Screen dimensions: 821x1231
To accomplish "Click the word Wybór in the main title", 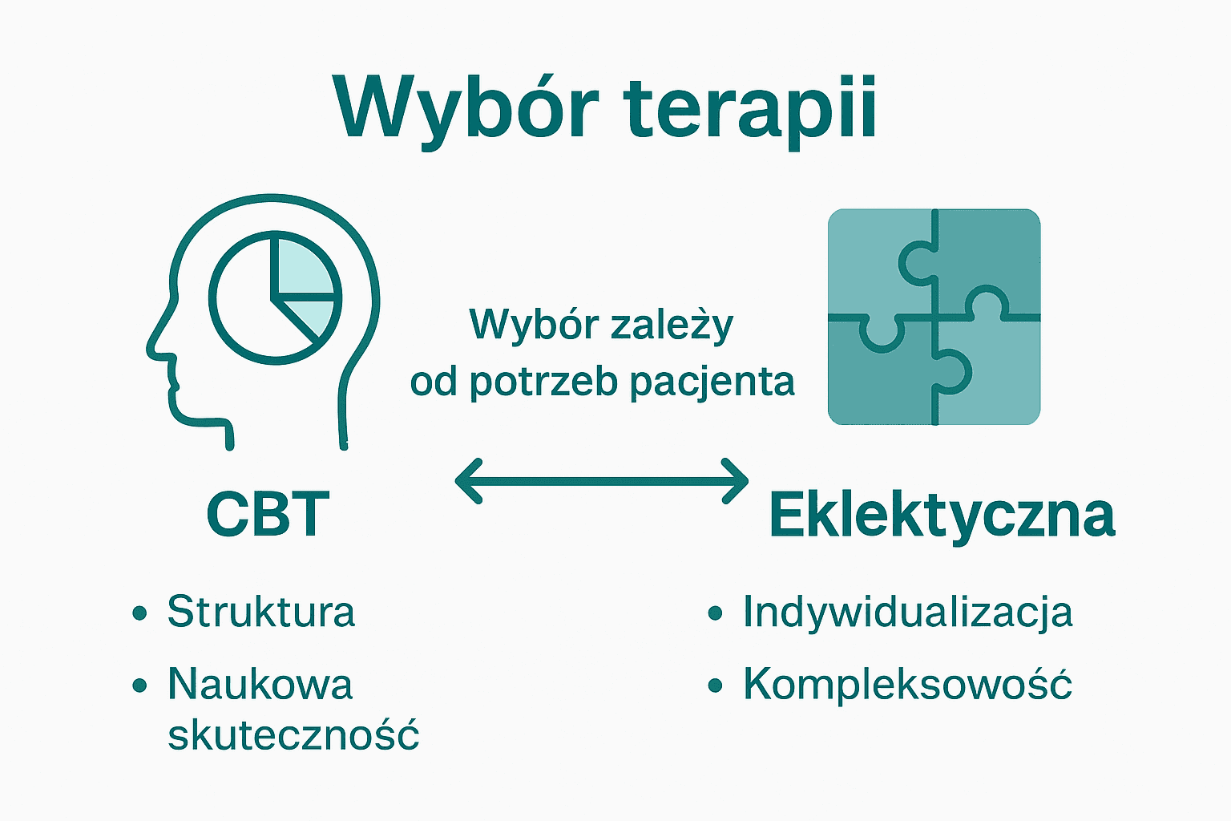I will pyautogui.click(x=466, y=108).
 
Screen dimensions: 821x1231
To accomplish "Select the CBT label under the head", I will pyautogui.click(x=268, y=514).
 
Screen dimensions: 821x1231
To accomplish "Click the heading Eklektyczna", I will pyautogui.click(x=942, y=514).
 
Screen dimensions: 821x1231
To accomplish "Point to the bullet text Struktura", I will pyautogui.click(x=260, y=612).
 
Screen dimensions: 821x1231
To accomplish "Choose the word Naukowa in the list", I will pyautogui.click(x=260, y=685).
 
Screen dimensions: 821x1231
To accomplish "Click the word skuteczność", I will pyautogui.click(x=293, y=734).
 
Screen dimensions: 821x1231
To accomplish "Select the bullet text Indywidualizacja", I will pyautogui.click(x=907, y=612).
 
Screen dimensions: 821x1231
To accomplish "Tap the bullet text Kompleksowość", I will pyautogui.click(x=907, y=685).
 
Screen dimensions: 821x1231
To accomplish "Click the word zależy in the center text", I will pyautogui.click(x=672, y=326).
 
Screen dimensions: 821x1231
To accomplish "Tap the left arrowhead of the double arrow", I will pyautogui.click(x=465, y=481).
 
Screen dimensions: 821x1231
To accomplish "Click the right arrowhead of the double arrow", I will pyautogui.click(x=739, y=481).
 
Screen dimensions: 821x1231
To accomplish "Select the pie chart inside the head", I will pyautogui.click(x=275, y=297).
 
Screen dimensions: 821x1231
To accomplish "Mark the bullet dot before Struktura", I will pyautogui.click(x=140, y=613).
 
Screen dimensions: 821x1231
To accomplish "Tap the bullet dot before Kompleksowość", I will pyautogui.click(x=716, y=686).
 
